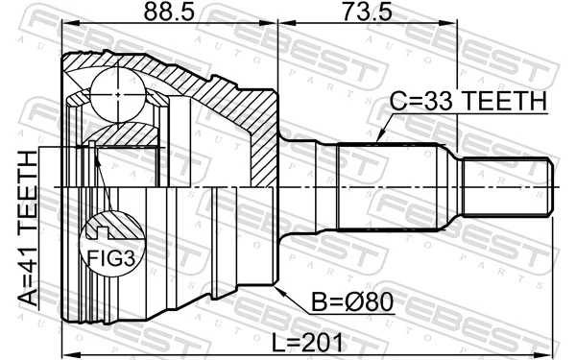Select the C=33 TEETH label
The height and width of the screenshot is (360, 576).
point(468,102)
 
